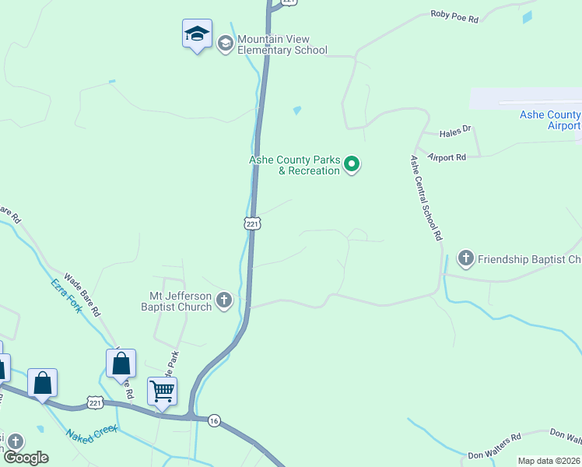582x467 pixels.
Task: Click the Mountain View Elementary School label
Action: click(x=282, y=45)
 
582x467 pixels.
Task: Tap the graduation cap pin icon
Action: click(x=197, y=34)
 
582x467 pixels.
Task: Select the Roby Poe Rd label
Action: click(x=454, y=16)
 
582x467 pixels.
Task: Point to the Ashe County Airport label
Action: click(x=550, y=120)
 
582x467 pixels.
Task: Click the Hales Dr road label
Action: click(x=456, y=132)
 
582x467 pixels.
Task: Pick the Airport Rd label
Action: click(x=447, y=157)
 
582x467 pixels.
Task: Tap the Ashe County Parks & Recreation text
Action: click(x=294, y=165)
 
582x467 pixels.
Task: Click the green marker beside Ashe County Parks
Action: click(x=352, y=163)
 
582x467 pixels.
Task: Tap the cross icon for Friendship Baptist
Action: click(x=466, y=258)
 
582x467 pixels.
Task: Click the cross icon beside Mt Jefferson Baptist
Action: click(x=224, y=300)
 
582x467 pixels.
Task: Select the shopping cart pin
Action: click(x=162, y=391)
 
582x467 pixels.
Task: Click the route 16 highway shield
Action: click(x=214, y=420)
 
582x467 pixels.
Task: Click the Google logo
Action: click(x=25, y=458)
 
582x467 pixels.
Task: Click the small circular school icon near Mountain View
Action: click(x=226, y=43)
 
